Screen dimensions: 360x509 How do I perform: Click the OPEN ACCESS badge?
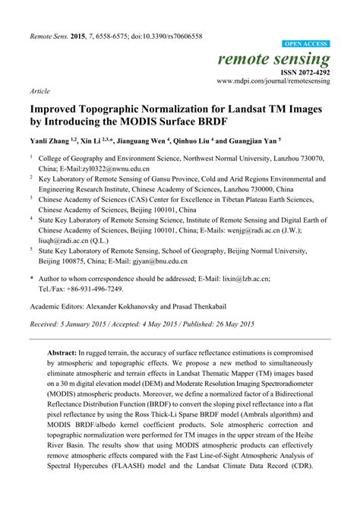(306, 45)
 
